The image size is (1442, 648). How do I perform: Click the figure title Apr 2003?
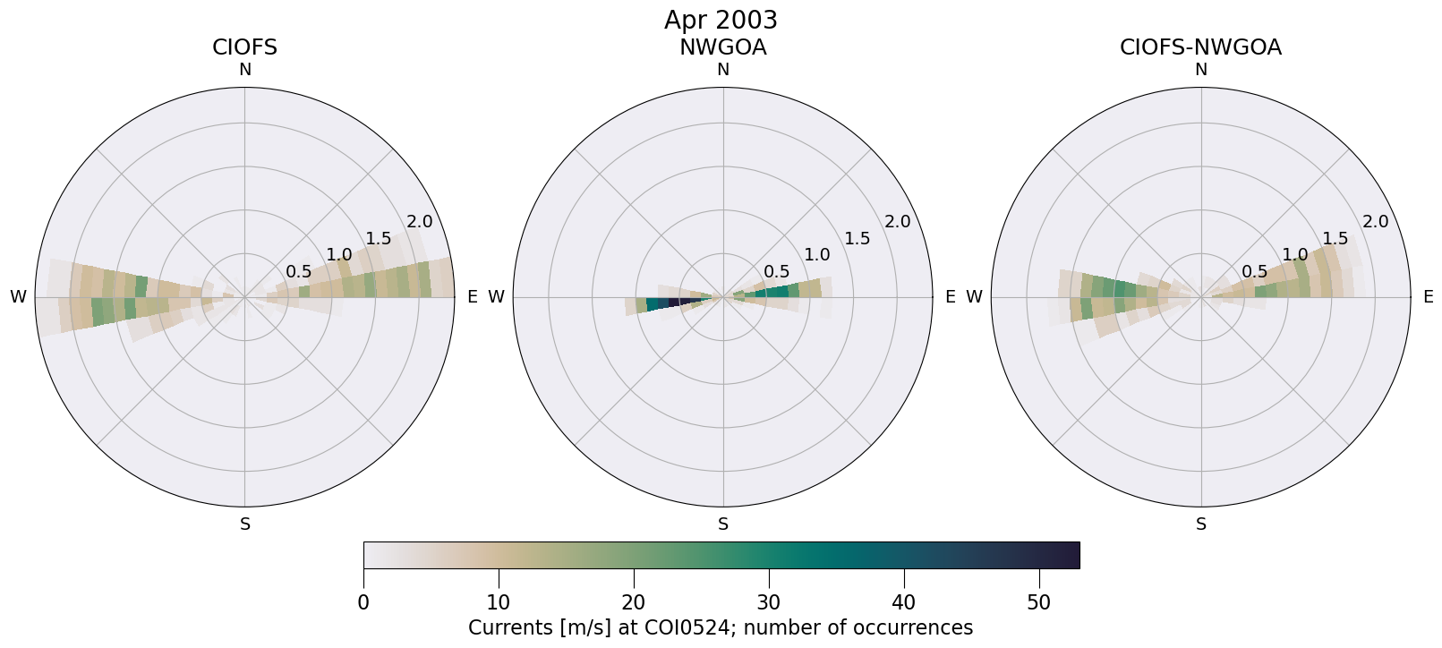(x=721, y=20)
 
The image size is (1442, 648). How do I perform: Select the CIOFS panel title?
(x=244, y=47)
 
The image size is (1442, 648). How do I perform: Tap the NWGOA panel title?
(x=722, y=47)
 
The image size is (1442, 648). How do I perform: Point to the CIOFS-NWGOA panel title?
(x=1200, y=47)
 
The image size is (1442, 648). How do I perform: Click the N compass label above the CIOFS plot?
(x=244, y=70)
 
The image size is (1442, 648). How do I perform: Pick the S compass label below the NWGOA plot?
(x=723, y=524)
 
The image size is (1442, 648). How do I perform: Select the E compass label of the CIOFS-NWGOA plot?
(x=1428, y=297)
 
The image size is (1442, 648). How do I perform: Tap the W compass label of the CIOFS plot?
(x=18, y=297)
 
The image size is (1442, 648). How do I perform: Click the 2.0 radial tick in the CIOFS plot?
(x=419, y=222)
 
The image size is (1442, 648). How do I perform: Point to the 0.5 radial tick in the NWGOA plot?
(x=776, y=272)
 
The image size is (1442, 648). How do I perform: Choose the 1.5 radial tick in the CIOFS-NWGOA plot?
(x=1335, y=238)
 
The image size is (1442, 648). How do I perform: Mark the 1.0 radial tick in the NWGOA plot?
(x=816, y=255)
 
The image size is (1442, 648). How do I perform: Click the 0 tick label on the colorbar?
(x=363, y=602)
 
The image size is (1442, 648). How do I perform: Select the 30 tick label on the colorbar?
(x=769, y=602)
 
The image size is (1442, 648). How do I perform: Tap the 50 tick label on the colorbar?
(x=1039, y=602)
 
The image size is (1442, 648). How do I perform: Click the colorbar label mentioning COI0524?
(x=721, y=627)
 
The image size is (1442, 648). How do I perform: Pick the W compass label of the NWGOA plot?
(x=496, y=297)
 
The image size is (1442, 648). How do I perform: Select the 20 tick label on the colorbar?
(x=634, y=602)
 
